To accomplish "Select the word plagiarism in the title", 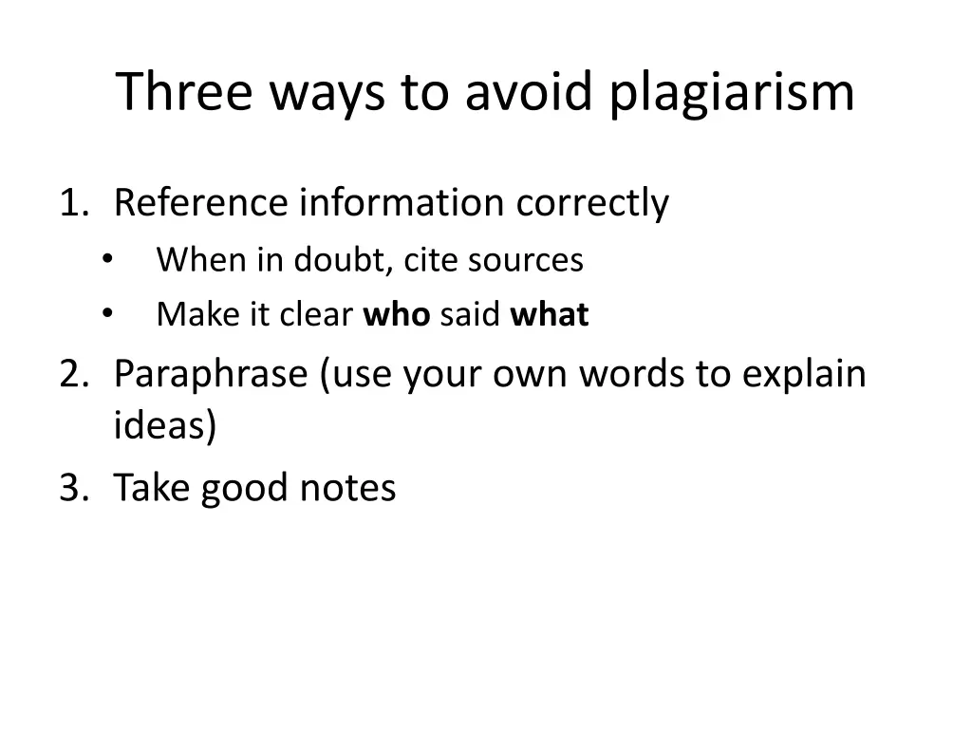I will pyautogui.click(x=732, y=93).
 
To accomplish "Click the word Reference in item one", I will pyautogui.click(x=200, y=203).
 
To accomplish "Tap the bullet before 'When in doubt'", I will pyautogui.click(x=105, y=259).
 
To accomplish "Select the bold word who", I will pyautogui.click(x=397, y=314).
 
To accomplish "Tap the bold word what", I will pyautogui.click(x=550, y=314).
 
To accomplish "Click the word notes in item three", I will pyautogui.click(x=347, y=488).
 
